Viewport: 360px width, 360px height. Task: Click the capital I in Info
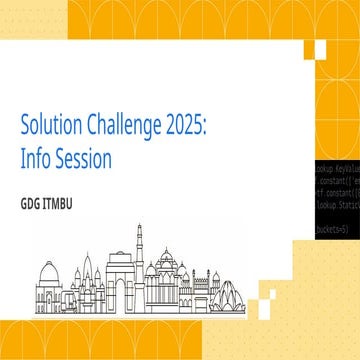23,158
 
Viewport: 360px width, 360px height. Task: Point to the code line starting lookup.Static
337,202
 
